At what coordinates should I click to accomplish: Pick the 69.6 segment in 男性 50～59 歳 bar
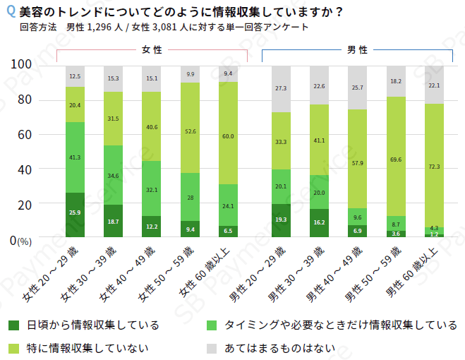pos(396,160)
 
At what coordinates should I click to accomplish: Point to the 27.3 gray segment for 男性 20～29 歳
pos(281,89)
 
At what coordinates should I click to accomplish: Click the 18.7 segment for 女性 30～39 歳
pos(113,221)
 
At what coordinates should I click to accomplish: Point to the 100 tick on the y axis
pos(22,64)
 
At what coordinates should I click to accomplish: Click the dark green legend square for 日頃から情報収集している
pos(13,325)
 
